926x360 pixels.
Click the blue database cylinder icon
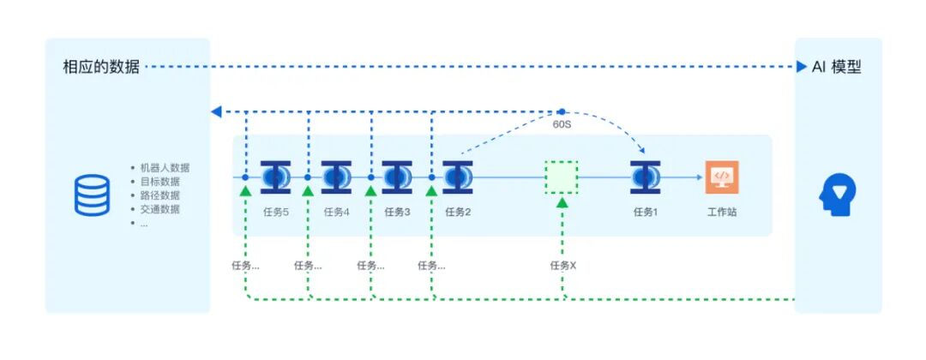[92, 195]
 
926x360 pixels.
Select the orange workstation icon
[721, 177]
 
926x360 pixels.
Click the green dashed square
[562, 177]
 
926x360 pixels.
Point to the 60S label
[562, 125]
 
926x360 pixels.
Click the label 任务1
[645, 212]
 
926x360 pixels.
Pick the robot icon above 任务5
[275, 177]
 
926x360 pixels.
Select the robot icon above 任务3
[396, 177]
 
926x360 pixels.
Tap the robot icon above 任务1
[645, 177]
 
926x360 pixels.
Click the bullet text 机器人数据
[165, 168]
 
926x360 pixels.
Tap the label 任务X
[562, 266]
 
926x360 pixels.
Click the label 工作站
[721, 212]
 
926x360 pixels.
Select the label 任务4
[336, 212]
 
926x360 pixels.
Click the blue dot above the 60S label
[562, 111]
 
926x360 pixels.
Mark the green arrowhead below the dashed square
[562, 202]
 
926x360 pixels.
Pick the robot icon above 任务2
[457, 177]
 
